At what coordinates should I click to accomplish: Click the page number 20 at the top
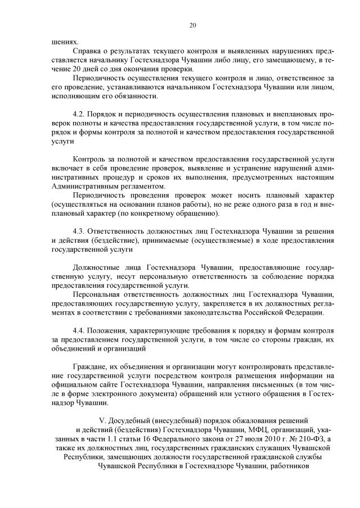(192, 25)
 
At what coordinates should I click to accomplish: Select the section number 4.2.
(80, 114)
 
